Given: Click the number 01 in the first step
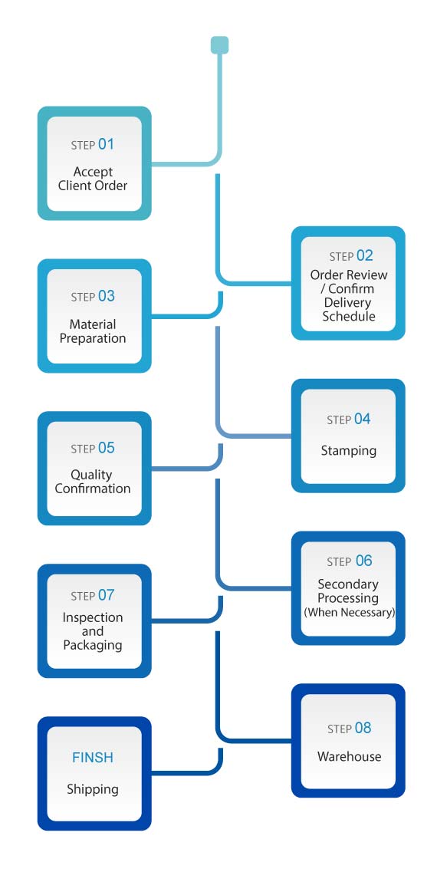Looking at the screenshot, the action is (x=107, y=145).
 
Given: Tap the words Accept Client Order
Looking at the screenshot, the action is (x=93, y=179).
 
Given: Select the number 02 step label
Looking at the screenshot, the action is (x=365, y=256).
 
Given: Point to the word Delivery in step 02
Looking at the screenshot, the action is (x=349, y=303).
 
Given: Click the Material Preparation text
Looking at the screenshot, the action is (x=93, y=331).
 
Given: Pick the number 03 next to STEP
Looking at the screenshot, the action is (x=107, y=296).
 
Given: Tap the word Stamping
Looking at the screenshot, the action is (x=349, y=450).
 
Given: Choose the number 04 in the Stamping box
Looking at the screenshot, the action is (x=362, y=420).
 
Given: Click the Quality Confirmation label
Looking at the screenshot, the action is (x=93, y=482).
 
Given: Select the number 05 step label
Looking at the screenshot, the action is (x=107, y=448).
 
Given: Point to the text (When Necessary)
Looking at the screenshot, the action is (x=349, y=613).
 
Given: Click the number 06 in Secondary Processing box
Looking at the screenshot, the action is (x=363, y=561).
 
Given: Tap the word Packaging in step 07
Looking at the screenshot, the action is (x=93, y=645).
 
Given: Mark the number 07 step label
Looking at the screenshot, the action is (x=107, y=595).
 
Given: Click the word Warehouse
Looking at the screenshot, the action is (x=349, y=756).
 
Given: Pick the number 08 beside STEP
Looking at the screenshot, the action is (x=363, y=728).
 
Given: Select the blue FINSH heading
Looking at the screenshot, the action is (x=93, y=758).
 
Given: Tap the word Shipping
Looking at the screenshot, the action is (x=93, y=789).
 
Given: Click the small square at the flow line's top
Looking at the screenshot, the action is (x=219, y=45).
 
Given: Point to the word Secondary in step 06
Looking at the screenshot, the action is (x=348, y=584).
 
